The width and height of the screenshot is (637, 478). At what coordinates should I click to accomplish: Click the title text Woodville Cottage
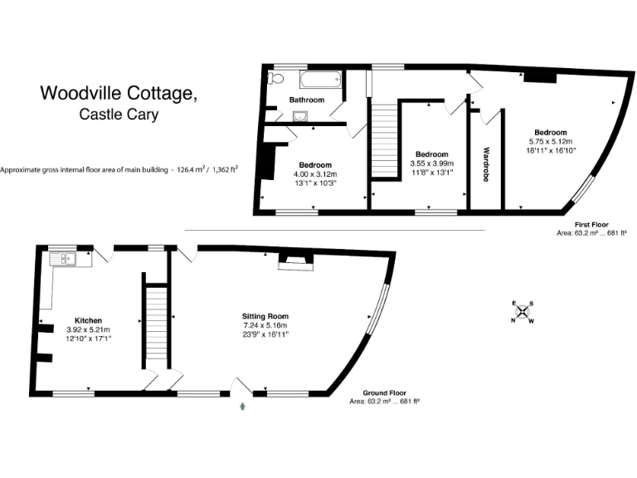point(119,94)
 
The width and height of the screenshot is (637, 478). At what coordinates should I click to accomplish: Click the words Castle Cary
point(119,115)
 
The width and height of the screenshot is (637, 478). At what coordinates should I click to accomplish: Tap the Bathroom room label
point(306,100)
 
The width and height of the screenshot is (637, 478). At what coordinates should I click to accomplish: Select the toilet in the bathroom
point(277,79)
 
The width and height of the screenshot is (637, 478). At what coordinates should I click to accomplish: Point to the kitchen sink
point(65,260)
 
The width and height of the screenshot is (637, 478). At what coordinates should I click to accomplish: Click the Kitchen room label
point(89,320)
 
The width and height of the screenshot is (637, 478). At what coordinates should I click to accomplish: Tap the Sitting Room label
point(265,316)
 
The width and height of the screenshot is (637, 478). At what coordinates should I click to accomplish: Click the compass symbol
point(523,312)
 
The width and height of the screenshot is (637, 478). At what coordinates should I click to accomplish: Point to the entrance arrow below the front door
point(242,407)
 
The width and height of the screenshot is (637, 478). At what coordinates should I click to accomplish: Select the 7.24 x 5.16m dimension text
point(265,326)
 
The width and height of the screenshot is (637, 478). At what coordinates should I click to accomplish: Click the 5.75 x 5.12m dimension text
point(551,142)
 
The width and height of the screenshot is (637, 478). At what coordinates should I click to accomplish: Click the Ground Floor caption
point(386,393)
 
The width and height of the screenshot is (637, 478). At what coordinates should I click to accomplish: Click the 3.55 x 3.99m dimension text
point(432,163)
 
